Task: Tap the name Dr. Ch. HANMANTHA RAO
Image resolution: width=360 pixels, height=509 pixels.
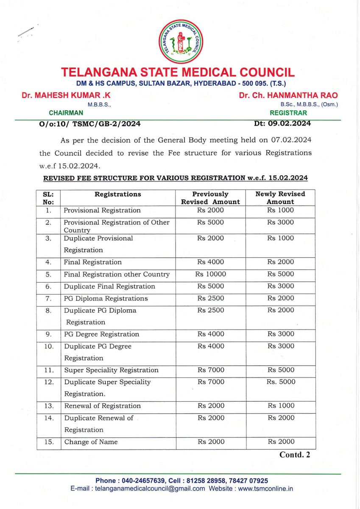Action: point(288,96)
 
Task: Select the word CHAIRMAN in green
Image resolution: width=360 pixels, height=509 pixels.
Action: point(66,113)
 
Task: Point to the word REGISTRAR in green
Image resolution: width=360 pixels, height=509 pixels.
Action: point(288,113)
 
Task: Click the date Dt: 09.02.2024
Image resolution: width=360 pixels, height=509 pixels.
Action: point(281,124)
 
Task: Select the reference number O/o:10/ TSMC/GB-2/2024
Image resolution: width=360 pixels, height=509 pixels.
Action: point(89,124)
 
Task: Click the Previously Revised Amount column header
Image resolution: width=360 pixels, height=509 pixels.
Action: point(210,198)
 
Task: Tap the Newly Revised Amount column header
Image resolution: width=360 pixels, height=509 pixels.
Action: point(280,198)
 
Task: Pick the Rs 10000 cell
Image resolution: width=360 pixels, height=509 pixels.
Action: point(210,274)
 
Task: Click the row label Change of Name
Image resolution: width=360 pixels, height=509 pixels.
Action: point(91,442)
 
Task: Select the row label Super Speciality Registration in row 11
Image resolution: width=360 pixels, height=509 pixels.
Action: point(111,370)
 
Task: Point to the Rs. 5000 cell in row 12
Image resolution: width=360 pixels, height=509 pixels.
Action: point(280,382)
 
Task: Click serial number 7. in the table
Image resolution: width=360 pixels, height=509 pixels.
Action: point(48,298)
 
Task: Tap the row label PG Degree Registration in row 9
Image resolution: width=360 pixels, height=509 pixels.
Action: point(101,334)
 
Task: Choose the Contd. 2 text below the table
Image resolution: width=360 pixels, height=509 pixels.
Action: point(295,455)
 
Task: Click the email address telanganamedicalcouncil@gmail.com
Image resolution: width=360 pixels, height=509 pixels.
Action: point(150,488)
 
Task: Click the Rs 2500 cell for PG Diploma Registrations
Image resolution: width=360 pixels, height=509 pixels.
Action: point(210,298)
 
